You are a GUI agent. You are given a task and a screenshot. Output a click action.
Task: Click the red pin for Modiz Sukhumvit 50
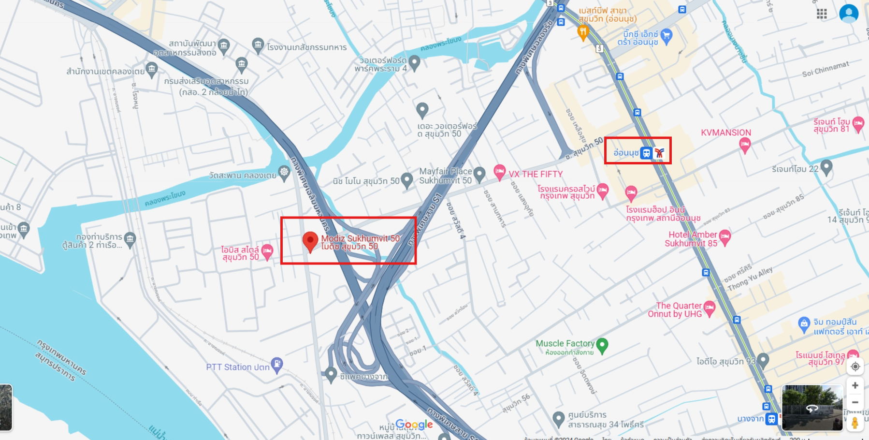(310, 240)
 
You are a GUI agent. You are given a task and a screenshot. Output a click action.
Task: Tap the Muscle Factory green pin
(602, 345)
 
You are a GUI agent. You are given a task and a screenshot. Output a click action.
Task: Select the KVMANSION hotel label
(725, 132)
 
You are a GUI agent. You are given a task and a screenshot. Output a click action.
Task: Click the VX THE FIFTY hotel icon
(499, 171)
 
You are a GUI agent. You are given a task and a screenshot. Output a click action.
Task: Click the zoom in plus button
(855, 385)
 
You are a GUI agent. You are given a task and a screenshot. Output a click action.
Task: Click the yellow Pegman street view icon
(855, 422)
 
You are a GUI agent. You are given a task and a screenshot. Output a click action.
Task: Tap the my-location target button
(855, 367)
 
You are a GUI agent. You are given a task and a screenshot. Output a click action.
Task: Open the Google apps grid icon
(822, 14)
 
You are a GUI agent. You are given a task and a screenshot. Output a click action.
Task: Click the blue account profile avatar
(849, 14)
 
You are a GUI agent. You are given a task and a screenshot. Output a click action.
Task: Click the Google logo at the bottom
(414, 425)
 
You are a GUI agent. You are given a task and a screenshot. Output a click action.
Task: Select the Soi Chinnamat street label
(825, 69)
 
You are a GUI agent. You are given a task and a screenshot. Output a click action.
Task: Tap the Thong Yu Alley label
(750, 279)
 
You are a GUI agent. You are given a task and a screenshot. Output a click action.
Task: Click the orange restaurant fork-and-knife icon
(583, 32)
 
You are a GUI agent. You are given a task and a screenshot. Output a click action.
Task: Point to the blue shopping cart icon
(666, 35)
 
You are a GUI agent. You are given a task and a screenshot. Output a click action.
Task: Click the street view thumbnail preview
(812, 408)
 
